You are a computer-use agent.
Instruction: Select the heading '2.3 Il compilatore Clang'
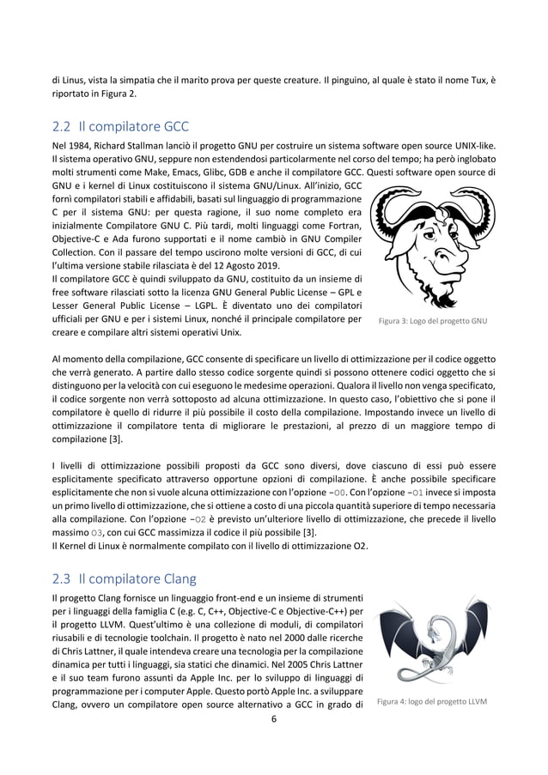125,578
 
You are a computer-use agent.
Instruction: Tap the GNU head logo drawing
432,248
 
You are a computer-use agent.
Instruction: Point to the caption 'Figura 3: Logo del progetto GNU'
433,322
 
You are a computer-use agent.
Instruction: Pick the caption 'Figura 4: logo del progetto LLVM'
431,701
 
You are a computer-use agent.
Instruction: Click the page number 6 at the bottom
274,720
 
